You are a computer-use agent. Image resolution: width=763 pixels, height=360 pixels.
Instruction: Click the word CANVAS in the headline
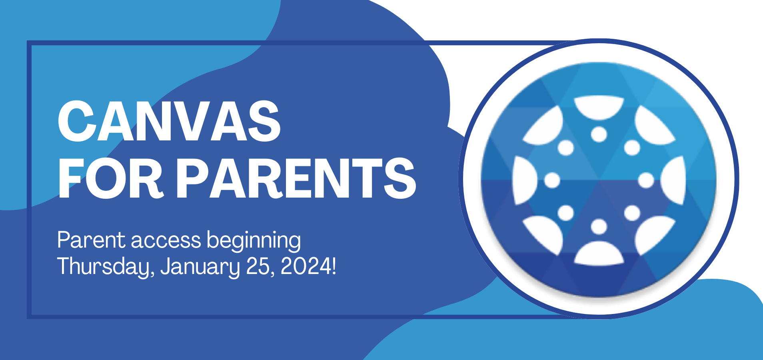169,121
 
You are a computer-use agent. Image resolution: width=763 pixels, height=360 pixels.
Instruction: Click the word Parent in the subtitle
92,240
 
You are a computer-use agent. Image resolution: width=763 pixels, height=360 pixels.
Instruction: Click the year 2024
304,266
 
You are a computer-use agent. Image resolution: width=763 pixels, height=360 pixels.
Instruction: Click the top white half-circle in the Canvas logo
599,108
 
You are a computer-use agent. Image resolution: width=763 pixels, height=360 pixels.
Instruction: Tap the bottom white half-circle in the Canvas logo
599,254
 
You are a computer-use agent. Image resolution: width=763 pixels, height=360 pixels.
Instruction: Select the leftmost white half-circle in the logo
524,180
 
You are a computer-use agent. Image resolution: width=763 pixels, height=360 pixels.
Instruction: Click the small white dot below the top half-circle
599,134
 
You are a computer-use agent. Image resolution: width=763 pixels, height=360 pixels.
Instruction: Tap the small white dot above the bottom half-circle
599,227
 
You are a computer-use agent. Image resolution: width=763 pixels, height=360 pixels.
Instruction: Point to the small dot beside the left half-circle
552,180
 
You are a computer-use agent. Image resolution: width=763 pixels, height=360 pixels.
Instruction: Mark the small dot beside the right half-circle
646,180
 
